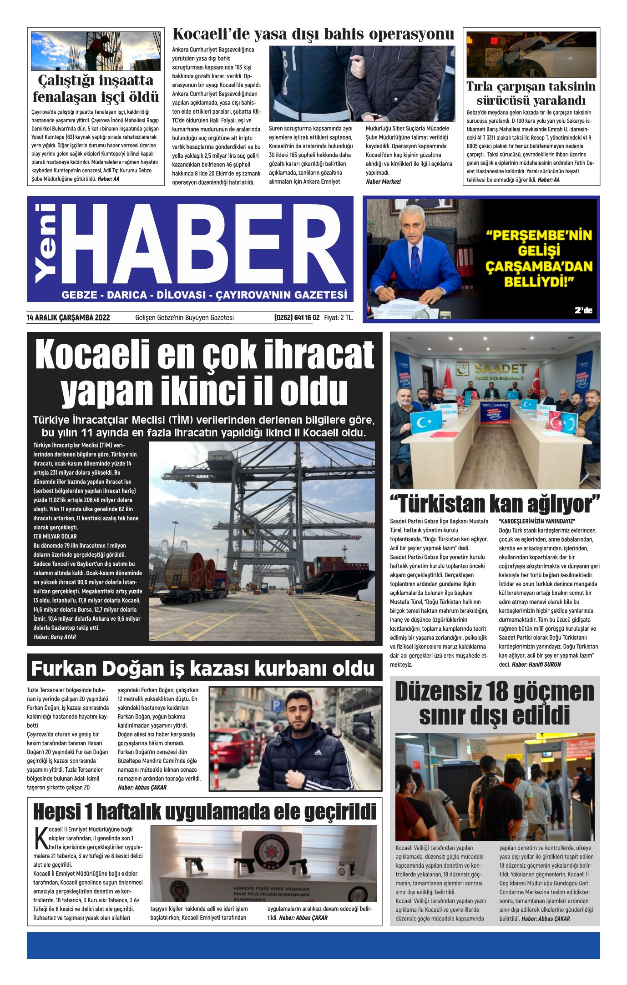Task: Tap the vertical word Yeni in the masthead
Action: [46, 243]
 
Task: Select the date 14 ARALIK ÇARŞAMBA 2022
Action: [68, 317]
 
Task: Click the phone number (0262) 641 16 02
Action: [297, 317]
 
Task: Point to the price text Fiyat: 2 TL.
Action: [338, 317]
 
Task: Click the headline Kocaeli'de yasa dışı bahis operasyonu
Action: [313, 35]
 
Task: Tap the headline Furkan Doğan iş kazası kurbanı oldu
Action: [203, 668]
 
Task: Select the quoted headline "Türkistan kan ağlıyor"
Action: [495, 504]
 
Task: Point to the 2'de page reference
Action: [583, 311]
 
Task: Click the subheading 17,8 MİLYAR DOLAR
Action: [55, 537]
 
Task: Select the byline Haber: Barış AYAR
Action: [55, 637]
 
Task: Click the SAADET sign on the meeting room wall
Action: [501, 368]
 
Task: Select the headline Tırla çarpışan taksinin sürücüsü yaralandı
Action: [531, 93]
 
